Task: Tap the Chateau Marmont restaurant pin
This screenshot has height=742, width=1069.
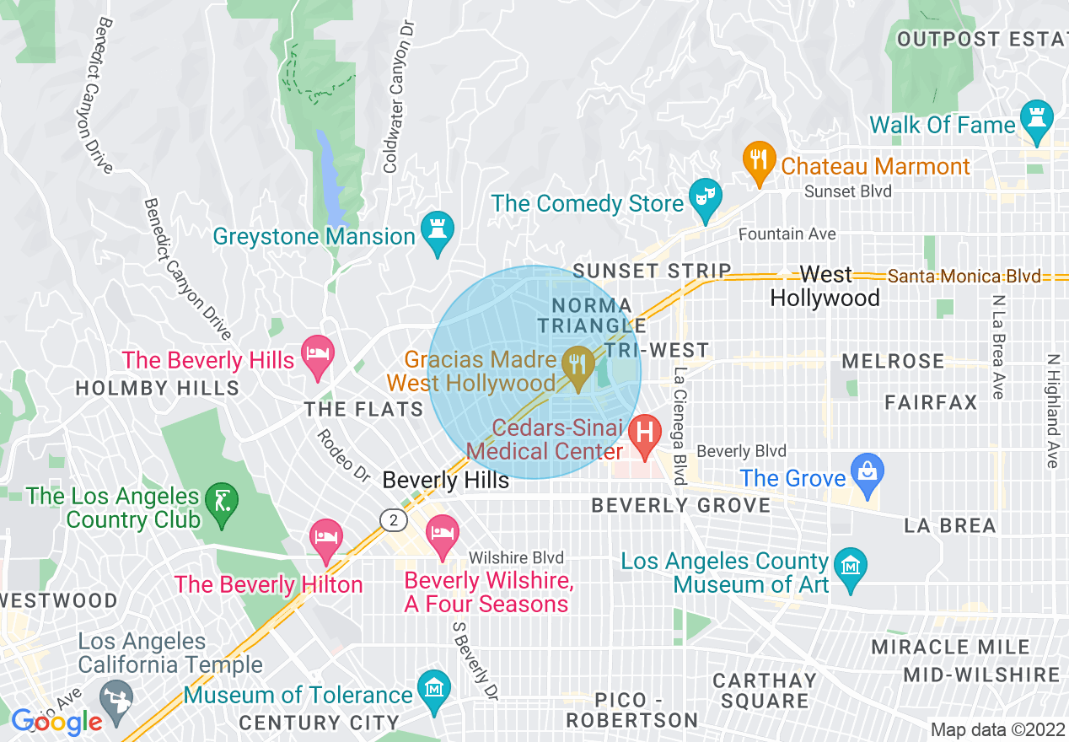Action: click(759, 160)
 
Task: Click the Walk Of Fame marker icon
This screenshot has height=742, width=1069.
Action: click(1036, 121)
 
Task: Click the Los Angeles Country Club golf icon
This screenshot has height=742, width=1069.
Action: click(222, 504)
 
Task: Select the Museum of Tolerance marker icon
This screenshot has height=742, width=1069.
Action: click(433, 690)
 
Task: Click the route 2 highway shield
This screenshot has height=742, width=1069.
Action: click(393, 520)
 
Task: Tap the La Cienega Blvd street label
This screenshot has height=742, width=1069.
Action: click(680, 425)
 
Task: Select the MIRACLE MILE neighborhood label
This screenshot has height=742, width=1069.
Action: click(950, 648)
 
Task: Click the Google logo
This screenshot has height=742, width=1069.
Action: click(56, 722)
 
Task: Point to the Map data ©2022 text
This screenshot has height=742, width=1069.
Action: click(996, 729)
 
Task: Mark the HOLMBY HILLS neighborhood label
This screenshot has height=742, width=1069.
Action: click(157, 389)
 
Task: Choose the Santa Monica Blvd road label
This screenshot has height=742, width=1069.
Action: click(964, 277)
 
